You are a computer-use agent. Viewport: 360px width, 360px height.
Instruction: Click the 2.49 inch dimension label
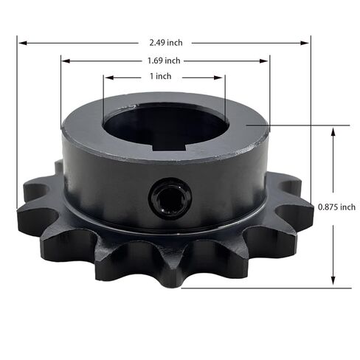(x=165, y=43)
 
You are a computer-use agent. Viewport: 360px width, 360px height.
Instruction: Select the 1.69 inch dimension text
(x=165, y=60)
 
